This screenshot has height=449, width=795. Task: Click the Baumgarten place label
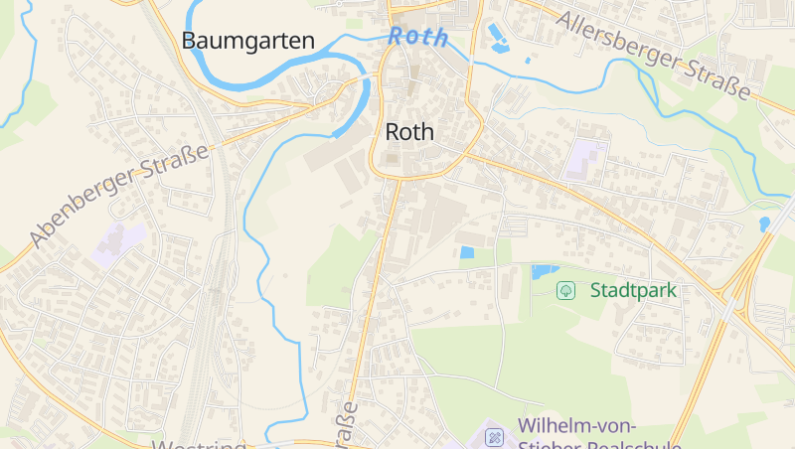(247, 41)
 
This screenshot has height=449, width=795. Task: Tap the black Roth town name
(409, 132)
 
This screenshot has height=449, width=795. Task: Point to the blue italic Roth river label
(417, 37)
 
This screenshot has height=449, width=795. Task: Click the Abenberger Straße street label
(119, 195)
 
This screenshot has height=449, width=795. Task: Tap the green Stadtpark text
(633, 291)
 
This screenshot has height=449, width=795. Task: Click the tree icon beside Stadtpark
(565, 291)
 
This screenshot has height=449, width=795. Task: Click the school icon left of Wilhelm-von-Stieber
(494, 437)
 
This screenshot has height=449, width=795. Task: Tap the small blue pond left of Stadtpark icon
(467, 252)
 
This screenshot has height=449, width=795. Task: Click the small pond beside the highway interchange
(764, 224)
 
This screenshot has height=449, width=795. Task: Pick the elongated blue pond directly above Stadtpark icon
(545, 270)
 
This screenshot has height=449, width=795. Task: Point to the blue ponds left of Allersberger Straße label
(497, 40)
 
